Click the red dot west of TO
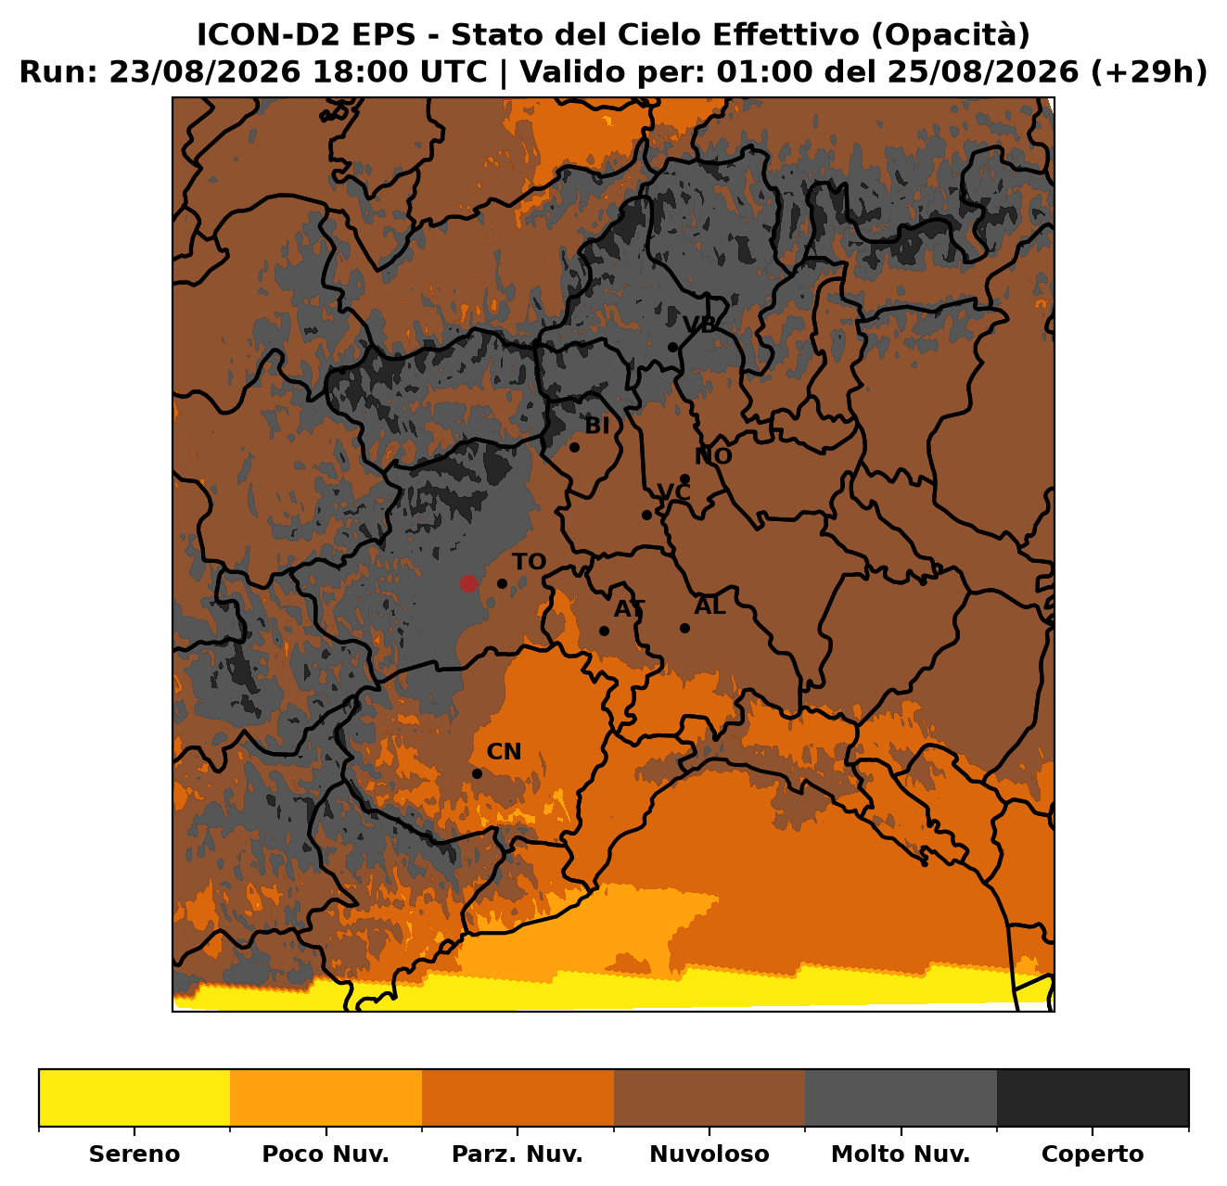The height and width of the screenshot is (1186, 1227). click(467, 583)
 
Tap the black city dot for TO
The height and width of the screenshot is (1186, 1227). click(502, 583)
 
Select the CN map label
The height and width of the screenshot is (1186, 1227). click(504, 752)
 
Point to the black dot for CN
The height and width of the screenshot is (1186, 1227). click(478, 773)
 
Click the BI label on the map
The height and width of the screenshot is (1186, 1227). click(596, 427)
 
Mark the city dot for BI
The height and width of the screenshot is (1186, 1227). click(574, 447)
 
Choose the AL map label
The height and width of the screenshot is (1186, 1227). click(710, 606)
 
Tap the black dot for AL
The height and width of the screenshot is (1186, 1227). click(684, 628)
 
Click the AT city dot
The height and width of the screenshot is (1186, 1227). click(604, 631)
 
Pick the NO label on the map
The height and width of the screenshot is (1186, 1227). click(713, 456)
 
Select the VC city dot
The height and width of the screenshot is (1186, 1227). click(646, 516)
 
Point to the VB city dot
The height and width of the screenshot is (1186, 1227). click(672, 348)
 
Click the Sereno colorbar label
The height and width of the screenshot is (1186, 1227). click(134, 1154)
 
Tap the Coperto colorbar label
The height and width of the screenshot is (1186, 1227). click(1093, 1154)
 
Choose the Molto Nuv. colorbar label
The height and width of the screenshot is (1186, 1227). click(901, 1154)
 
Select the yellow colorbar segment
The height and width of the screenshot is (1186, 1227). click(134, 1097)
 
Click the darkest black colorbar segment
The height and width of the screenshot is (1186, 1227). click(1093, 1097)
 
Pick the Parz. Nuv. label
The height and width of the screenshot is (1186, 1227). click(517, 1154)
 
